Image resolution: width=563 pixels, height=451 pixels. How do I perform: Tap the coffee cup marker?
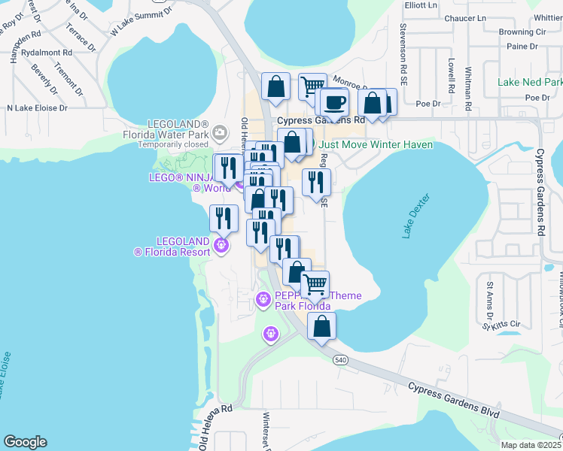tap(334, 102)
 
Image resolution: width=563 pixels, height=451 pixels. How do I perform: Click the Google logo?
tap(25, 442)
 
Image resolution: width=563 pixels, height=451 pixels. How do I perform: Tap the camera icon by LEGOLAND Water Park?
tap(219, 133)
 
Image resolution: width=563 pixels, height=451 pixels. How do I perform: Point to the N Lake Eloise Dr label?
tap(37, 108)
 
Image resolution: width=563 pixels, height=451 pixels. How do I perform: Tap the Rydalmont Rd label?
tap(47, 53)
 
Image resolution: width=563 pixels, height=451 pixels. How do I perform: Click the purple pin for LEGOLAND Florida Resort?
tap(221, 244)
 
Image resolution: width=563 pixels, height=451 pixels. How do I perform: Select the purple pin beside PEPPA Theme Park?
tap(263, 299)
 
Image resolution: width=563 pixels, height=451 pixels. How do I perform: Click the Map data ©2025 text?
tap(531, 445)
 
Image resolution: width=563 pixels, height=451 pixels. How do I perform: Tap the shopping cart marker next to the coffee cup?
tap(312, 86)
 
